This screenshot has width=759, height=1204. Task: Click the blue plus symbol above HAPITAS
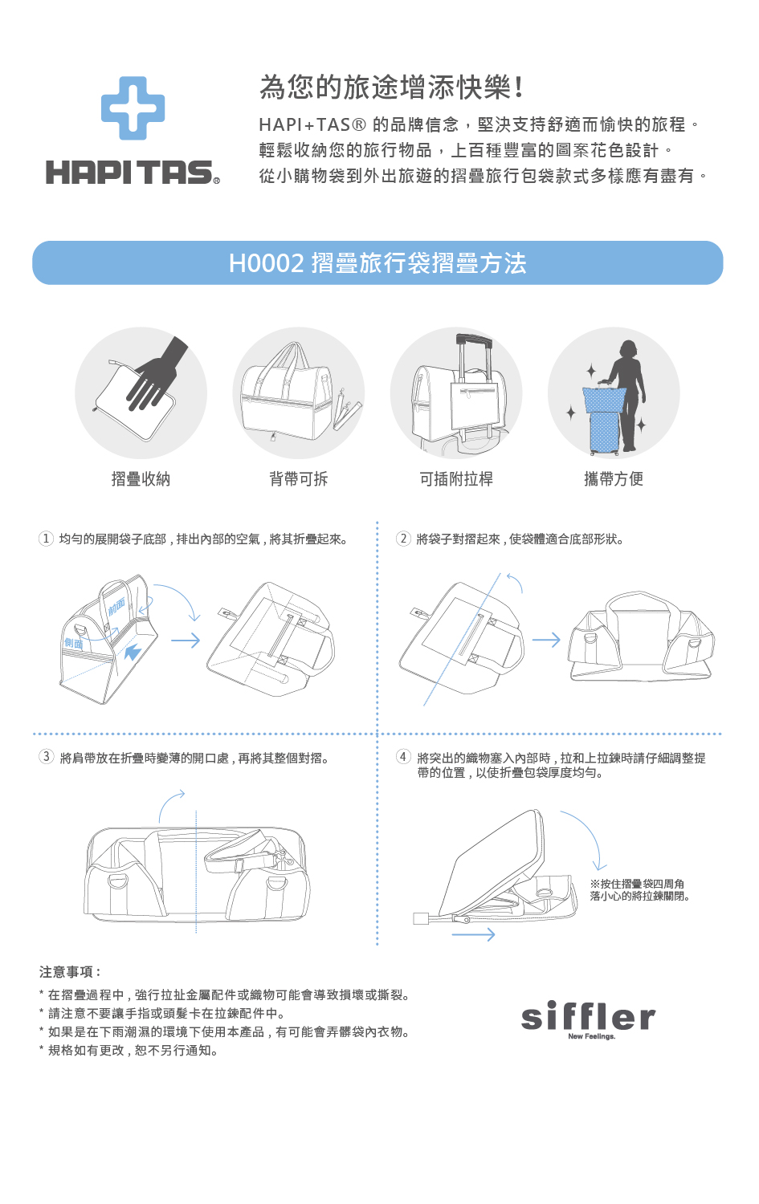pos(133,108)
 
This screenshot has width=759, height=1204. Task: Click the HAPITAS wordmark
pos(133,172)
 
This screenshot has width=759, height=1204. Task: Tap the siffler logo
pos(589,1019)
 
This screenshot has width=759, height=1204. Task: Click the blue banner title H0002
pos(377,262)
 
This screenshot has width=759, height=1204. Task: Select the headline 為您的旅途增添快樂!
pos(392,87)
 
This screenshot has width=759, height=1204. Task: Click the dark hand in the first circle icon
pos(157,373)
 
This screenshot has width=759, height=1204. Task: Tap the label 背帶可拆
pos(299,478)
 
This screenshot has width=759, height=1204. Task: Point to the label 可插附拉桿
pos(456,478)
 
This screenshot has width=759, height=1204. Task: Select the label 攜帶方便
pos(614,478)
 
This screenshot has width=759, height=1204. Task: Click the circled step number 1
pos(46,539)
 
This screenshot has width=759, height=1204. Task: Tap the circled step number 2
pos(403,539)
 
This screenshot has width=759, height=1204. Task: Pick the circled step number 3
pos(47,757)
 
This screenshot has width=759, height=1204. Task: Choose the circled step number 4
pos(403,757)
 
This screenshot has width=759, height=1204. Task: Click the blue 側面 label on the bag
pos(74,643)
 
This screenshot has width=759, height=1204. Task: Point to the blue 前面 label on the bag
pos(116,606)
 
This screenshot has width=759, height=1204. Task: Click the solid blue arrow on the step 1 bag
pos(132,653)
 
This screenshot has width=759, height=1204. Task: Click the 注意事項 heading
pos(69,972)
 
